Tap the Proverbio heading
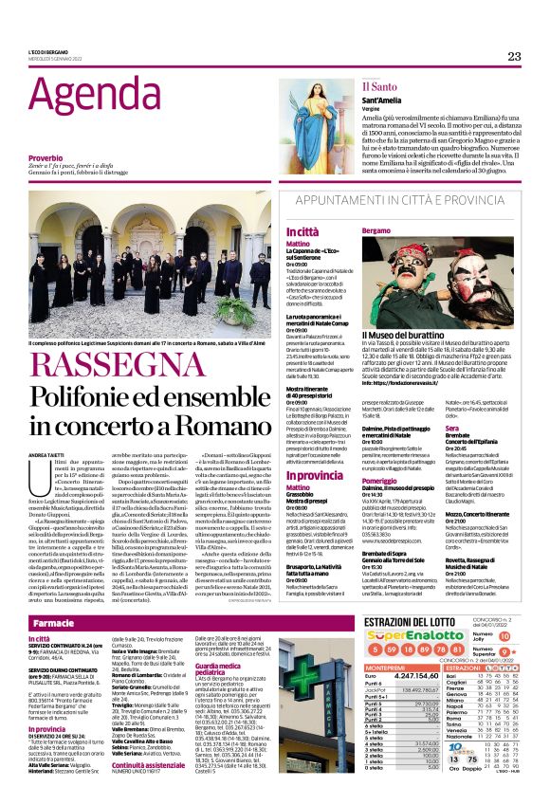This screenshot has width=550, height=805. pos(45,157)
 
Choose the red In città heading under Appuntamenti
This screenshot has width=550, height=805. pos(302,231)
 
